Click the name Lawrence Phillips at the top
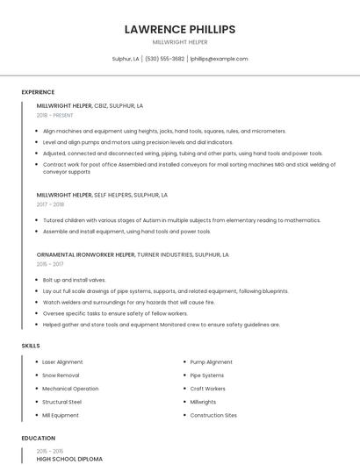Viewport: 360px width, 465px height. pyautogui.click(x=180, y=29)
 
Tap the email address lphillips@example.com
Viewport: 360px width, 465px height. pyautogui.click(x=220, y=59)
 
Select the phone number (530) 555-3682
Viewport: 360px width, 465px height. pyautogui.click(x=164, y=59)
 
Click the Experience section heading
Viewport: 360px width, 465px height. pyautogui.click(x=38, y=92)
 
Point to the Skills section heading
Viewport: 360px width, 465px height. pyautogui.click(x=31, y=346)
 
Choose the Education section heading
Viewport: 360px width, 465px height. pyautogui.click(x=39, y=438)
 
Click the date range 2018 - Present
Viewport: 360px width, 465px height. pyautogui.click(x=55, y=115)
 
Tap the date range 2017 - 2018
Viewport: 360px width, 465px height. pyautogui.click(x=50, y=204)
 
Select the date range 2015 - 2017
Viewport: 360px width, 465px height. pyautogui.click(x=50, y=263)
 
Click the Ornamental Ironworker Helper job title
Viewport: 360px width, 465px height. pyautogui.click(x=85, y=254)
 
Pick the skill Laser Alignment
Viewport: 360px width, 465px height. pyautogui.click(x=62, y=361)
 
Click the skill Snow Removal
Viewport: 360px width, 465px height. pyautogui.click(x=61, y=375)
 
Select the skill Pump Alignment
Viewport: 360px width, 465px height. pyautogui.click(x=211, y=361)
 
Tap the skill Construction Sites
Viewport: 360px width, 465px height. pyautogui.click(x=213, y=415)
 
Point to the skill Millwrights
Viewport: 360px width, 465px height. pyautogui.click(x=203, y=402)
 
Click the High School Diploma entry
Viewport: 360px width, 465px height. pyautogui.click(x=69, y=458)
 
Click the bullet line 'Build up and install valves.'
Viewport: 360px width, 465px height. pyautogui.click(x=75, y=279)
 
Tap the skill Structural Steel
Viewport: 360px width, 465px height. pyautogui.click(x=61, y=402)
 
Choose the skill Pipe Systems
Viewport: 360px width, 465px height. pyautogui.click(x=207, y=375)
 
